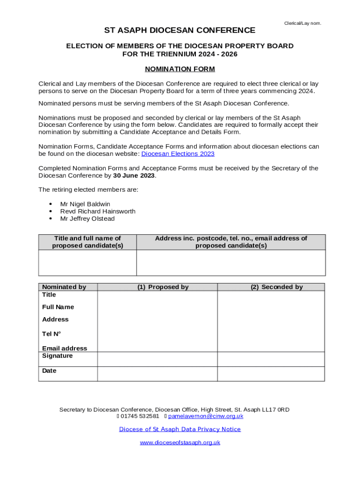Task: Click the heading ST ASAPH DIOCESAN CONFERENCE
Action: point(180,30)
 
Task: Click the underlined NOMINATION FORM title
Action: point(180,69)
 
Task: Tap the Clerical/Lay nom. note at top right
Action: point(302,23)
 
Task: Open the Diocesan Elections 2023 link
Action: point(178,154)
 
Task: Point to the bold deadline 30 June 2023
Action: point(134,176)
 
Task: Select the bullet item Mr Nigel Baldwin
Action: point(85,204)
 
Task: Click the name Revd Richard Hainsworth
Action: point(98,211)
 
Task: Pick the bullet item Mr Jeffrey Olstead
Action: point(87,219)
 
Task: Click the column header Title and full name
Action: point(87,242)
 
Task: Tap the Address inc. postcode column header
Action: point(231,242)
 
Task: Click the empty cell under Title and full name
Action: point(87,262)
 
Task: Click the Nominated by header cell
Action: point(64,287)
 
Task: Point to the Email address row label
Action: point(65,348)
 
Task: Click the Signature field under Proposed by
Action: point(157,359)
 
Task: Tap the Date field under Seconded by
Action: point(271,374)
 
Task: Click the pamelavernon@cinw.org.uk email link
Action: point(206,416)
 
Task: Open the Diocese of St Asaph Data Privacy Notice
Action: point(180,429)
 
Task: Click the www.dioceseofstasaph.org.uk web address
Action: point(180,443)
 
